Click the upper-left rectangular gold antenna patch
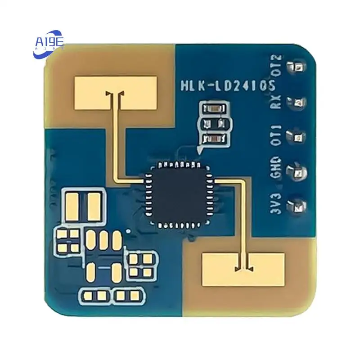tap(116, 87)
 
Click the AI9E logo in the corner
tap(49, 43)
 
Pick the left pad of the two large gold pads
tap(72, 206)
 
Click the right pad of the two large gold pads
tap(94, 206)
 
